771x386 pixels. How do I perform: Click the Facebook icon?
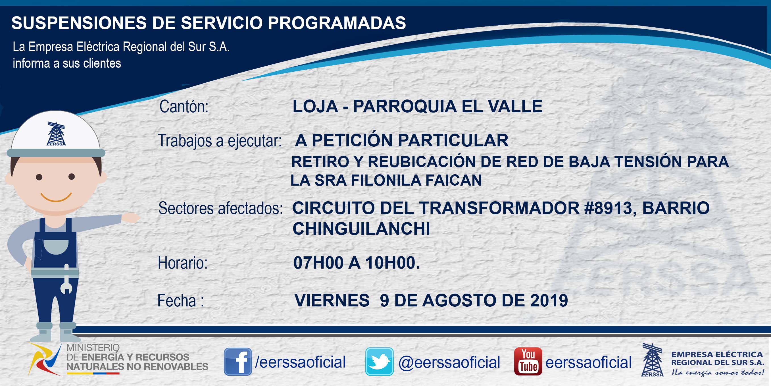click(x=238, y=362)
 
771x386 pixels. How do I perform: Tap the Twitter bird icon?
click(x=379, y=362)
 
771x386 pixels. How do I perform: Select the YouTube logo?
click(x=528, y=362)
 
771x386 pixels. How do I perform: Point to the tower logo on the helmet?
click(x=56, y=134)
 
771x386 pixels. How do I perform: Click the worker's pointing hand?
click(x=130, y=217)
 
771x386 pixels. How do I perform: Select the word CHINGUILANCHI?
click(x=361, y=229)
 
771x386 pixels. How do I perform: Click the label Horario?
click(x=183, y=263)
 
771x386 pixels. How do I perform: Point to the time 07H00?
click(x=318, y=263)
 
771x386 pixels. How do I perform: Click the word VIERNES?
click(x=332, y=300)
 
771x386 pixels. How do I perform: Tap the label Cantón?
click(x=184, y=107)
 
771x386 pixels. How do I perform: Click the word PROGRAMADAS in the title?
click(x=337, y=23)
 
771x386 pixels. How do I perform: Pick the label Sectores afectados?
click(x=220, y=208)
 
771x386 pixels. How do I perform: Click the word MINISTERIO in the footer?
click(x=93, y=348)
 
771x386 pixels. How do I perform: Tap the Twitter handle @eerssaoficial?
click(x=449, y=362)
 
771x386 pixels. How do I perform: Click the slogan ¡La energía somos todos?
click(x=717, y=372)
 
